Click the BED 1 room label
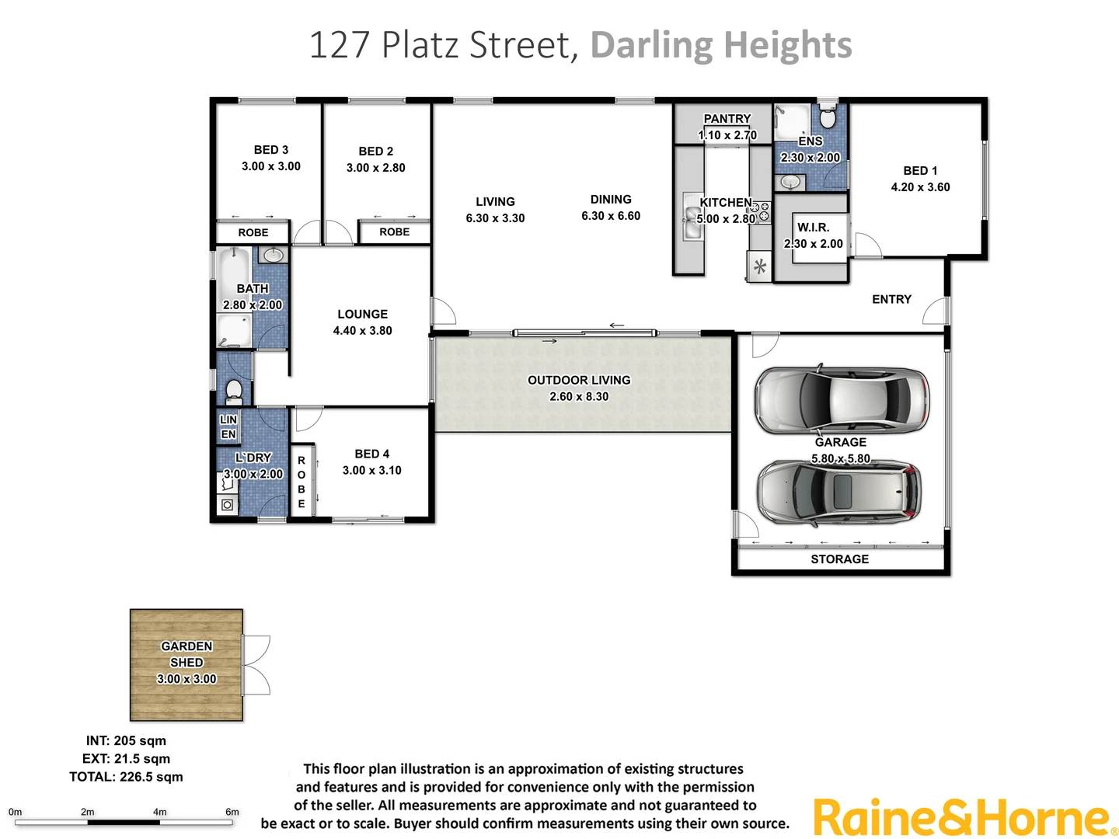click(x=920, y=171)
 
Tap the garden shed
click(x=186, y=665)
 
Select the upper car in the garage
click(x=842, y=400)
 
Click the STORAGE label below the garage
click(x=839, y=559)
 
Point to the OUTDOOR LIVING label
click(x=579, y=380)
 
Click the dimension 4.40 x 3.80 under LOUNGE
click(x=362, y=331)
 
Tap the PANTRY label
click(x=727, y=119)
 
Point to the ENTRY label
click(x=891, y=299)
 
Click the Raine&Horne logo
click(x=964, y=819)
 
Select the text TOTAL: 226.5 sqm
click(x=126, y=777)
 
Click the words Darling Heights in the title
click(x=721, y=45)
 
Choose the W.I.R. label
click(x=813, y=228)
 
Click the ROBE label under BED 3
click(x=253, y=233)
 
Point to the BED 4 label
click(x=371, y=454)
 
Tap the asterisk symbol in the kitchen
click(x=760, y=267)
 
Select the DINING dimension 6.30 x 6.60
click(x=611, y=216)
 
